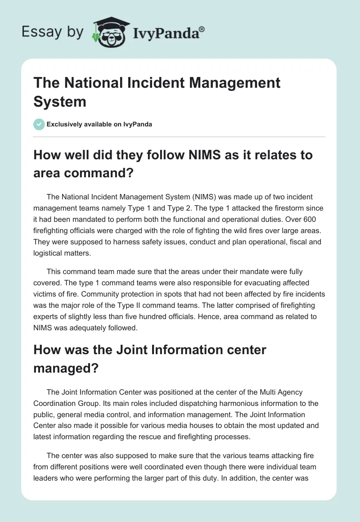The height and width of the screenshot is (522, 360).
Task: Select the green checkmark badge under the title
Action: coord(39,124)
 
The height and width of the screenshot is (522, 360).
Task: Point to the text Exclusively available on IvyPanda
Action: coord(99,124)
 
